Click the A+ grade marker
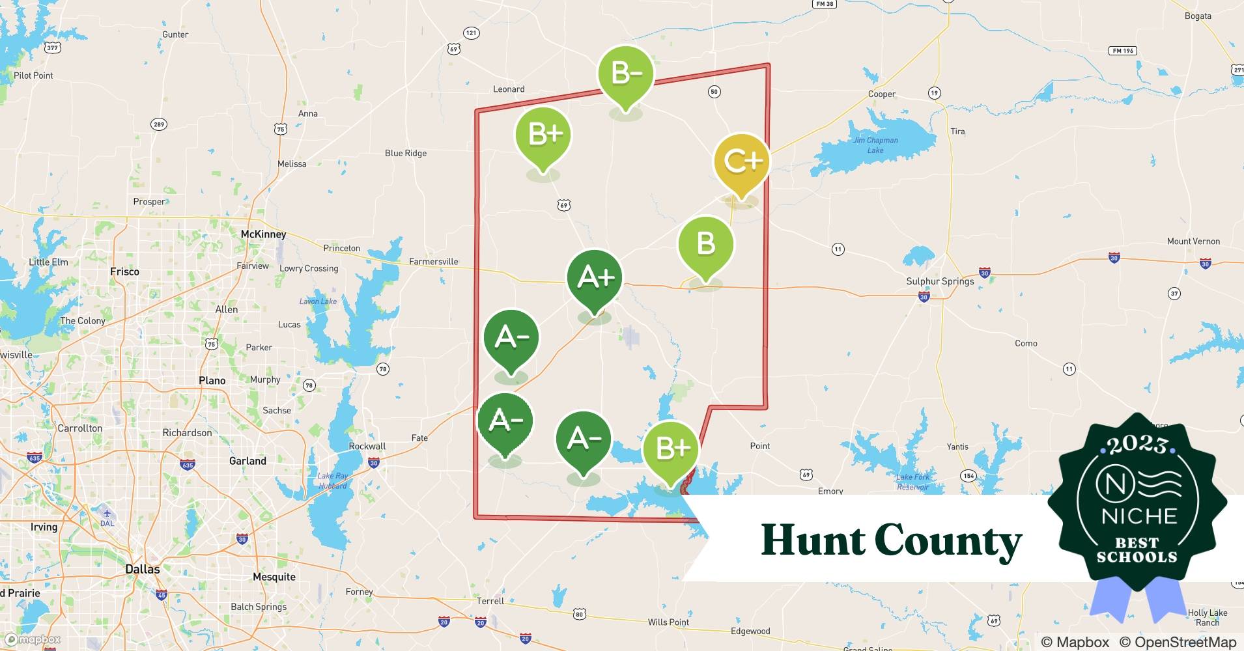pos(595,278)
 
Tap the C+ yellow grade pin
pos(741,161)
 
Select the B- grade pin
pos(626,74)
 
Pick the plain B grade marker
pos(706,244)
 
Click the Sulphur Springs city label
pos(940,281)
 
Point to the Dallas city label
pos(142,569)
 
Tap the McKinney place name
pos(263,234)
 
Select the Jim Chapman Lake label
pos(875,145)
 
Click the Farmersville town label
pos(433,262)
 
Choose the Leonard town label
pos(509,89)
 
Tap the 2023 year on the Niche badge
pos(1137,445)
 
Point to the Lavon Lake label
pos(318,301)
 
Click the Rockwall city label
pos(367,447)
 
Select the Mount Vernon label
pos(1193,242)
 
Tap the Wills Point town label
pos(668,622)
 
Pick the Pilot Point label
pos(33,76)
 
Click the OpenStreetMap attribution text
pos(1185,643)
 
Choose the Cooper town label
pos(881,94)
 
